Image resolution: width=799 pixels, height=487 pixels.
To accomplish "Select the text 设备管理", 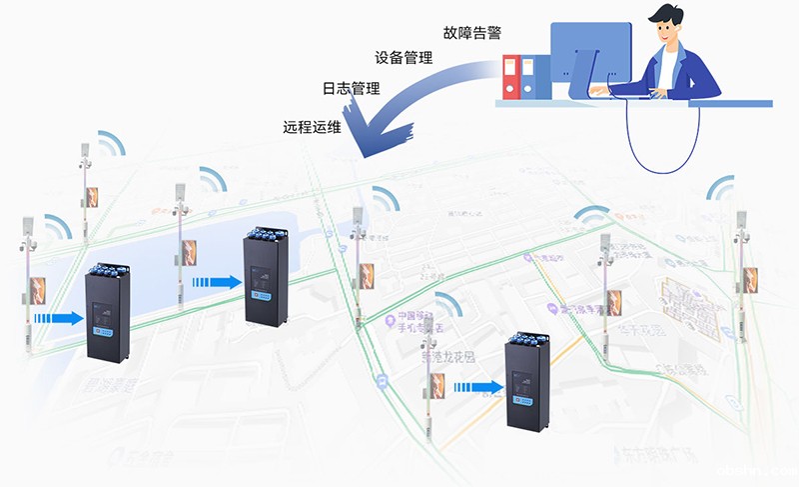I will pos(403,58).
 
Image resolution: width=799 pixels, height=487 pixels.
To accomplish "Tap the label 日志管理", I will pos(351,88).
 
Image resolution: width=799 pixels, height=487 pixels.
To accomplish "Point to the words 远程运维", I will pos(313,127).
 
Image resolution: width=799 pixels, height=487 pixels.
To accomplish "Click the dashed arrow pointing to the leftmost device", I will pos(58,318).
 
